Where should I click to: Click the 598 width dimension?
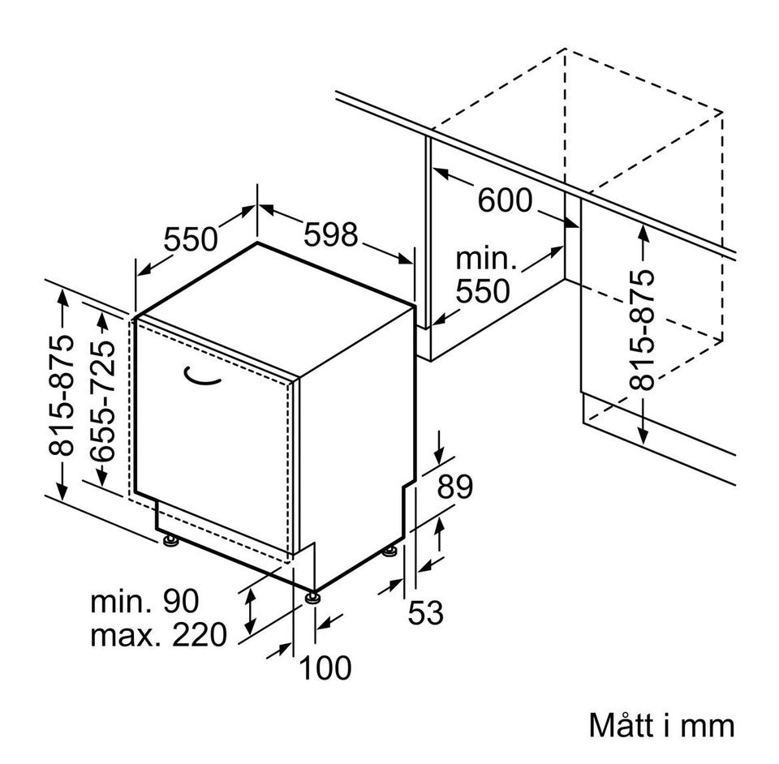pyautogui.click(x=330, y=234)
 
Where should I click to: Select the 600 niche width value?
pyautogui.click(x=505, y=200)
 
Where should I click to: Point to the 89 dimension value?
pyautogui.click(x=454, y=487)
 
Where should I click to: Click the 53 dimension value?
pyautogui.click(x=425, y=612)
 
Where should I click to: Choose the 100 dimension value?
pyautogui.click(x=325, y=667)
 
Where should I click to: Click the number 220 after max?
pyautogui.click(x=200, y=634)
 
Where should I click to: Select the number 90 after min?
pyautogui.click(x=181, y=601)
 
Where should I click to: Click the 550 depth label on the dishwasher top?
pyautogui.click(x=191, y=238)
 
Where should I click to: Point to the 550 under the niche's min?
pyautogui.click(x=482, y=291)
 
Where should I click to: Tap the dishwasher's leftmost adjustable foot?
pyautogui.click(x=171, y=541)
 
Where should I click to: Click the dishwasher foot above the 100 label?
pyautogui.click(x=312, y=597)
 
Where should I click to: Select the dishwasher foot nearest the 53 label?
pyautogui.click(x=390, y=551)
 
